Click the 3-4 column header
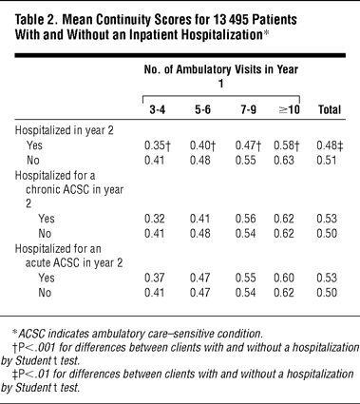tap(158, 110)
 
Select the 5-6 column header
tap(202, 110)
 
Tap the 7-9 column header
tap(247, 110)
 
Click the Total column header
tap(330, 110)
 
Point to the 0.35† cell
tap(158, 145)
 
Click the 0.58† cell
tap(287, 145)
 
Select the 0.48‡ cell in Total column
tap(330, 145)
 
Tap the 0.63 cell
tap(284, 161)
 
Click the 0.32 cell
tap(154, 219)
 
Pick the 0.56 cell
tap(245, 219)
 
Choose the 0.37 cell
tap(154, 278)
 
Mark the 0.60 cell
tap(284, 278)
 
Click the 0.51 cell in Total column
tap(327, 161)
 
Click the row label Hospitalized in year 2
tap(65, 131)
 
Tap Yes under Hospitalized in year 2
tap(34, 145)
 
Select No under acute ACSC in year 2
tap(45, 293)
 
